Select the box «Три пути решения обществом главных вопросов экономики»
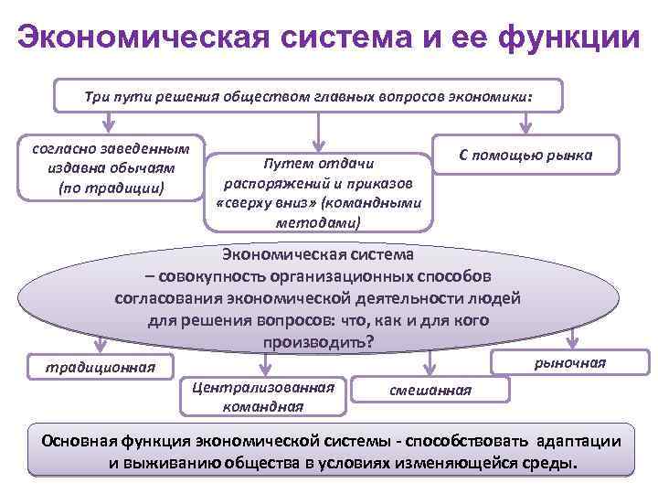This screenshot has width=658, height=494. (308, 95)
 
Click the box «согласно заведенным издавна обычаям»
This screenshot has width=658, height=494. (111, 167)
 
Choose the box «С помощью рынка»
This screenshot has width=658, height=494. (525, 156)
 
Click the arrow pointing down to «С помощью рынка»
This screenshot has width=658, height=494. (525, 123)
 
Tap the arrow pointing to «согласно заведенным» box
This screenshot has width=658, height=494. (109, 123)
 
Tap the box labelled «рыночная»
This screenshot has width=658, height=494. (570, 362)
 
